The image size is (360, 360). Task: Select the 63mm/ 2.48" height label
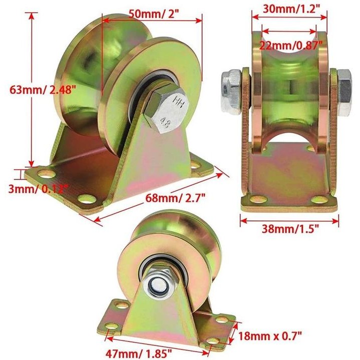43,91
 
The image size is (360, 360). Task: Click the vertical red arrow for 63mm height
31,91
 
